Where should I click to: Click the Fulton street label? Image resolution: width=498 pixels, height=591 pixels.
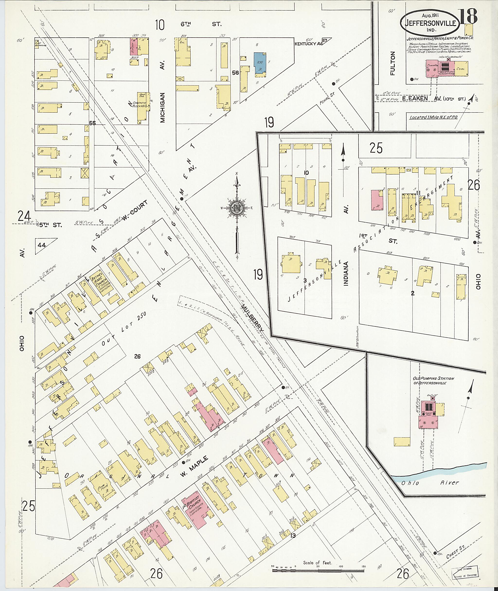point(393,65)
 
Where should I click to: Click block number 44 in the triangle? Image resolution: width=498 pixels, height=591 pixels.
point(42,245)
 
